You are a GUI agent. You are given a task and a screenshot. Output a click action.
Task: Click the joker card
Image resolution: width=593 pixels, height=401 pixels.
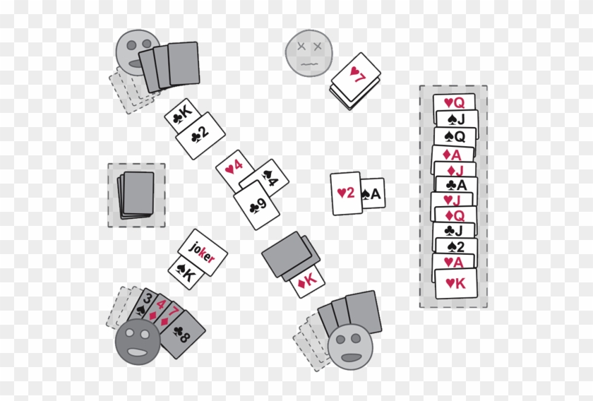(203, 252)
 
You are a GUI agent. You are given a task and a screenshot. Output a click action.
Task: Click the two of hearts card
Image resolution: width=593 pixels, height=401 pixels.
(345, 193)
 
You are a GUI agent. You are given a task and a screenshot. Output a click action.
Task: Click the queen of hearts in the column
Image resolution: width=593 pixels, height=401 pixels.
(454, 102)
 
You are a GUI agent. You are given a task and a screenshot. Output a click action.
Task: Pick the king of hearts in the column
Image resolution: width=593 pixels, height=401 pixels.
(454, 284)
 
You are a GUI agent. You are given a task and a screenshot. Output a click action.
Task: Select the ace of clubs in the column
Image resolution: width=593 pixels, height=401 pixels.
(454, 185)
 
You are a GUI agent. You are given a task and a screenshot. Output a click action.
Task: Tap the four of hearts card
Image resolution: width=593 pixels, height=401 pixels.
(234, 168)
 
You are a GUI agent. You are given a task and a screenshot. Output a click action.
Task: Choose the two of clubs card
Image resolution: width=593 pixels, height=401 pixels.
(200, 134)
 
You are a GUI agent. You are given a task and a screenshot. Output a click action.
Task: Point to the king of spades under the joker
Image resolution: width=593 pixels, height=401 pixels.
(184, 273)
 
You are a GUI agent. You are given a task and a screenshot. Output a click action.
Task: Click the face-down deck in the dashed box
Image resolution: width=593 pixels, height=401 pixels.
(136, 193)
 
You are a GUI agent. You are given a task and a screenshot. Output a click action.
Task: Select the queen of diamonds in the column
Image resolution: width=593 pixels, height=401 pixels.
(454, 215)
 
